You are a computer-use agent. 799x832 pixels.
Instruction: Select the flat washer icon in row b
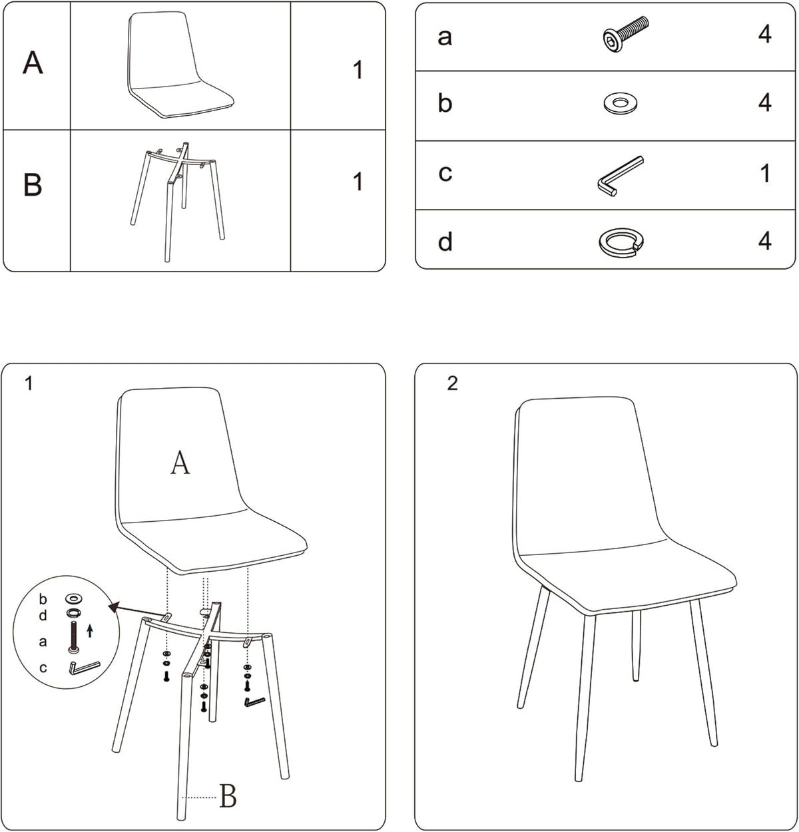[620, 103]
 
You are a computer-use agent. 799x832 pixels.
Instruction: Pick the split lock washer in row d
[621, 242]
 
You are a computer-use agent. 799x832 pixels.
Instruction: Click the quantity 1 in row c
[765, 174]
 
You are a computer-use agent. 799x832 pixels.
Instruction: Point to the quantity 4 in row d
[765, 241]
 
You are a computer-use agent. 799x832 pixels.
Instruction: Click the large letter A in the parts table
[33, 63]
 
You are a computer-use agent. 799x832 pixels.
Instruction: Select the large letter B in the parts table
[33, 184]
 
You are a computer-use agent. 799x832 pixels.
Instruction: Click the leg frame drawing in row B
[178, 202]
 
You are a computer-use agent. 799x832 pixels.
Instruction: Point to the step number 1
[29, 383]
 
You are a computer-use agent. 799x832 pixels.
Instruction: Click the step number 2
[452, 383]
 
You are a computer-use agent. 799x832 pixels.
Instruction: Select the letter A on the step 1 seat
[180, 463]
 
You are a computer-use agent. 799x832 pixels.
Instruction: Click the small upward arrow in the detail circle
[90, 630]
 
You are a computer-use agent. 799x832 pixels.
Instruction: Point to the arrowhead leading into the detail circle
[113, 606]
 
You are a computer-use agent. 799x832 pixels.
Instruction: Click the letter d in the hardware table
[445, 242]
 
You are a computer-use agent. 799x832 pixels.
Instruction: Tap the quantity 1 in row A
[358, 70]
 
